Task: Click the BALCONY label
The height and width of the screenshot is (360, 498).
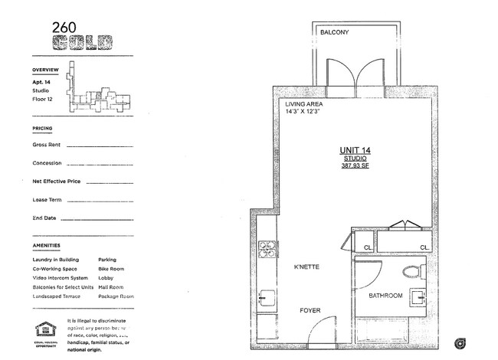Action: (x=335, y=33)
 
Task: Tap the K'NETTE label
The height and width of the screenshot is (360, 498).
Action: (x=306, y=267)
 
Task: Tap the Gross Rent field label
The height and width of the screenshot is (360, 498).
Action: (x=47, y=144)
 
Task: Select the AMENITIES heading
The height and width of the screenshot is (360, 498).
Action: (x=47, y=246)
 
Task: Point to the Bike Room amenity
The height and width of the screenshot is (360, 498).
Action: (x=112, y=269)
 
